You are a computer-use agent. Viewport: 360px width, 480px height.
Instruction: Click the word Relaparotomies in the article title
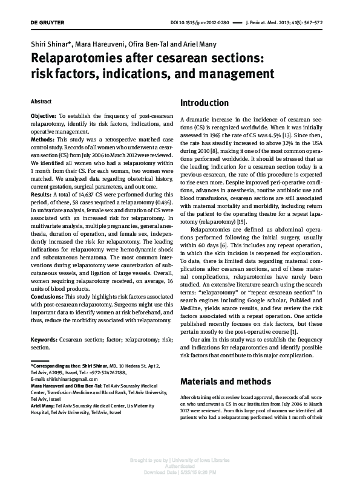pyautogui.click(x=87, y=59)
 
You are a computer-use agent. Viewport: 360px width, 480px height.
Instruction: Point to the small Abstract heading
pyautogui.click(x=42, y=101)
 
